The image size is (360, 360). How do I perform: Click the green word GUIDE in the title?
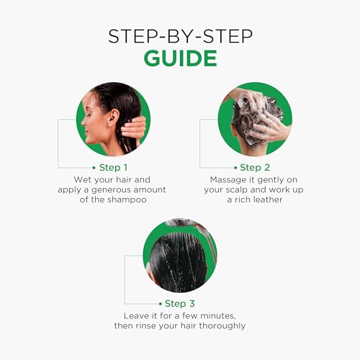[181, 58]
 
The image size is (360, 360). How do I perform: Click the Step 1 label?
[113, 168]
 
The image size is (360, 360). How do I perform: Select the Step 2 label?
[255, 168]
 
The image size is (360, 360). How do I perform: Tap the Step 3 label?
[180, 304]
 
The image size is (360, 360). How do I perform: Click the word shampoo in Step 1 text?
[127, 199]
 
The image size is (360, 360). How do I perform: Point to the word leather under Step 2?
[268, 199]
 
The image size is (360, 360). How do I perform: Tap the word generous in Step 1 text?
[108, 190]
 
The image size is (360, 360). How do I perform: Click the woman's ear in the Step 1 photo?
[114, 117]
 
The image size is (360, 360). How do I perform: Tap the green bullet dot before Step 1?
[94, 168]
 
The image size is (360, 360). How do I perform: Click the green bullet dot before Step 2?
[235, 168]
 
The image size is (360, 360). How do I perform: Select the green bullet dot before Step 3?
[161, 304]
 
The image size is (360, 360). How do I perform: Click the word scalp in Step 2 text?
[237, 190]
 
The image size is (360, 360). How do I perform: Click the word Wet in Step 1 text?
[81, 179]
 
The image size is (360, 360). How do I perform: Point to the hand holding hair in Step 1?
[133, 128]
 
